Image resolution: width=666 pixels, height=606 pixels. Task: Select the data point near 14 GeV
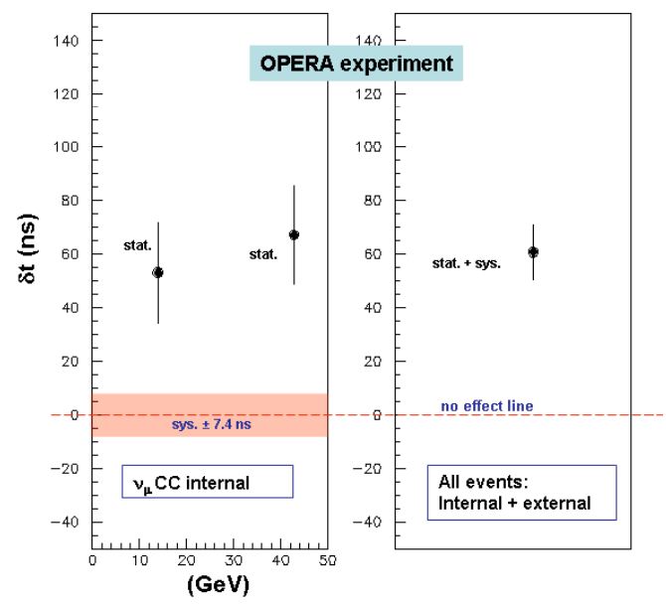(x=157, y=272)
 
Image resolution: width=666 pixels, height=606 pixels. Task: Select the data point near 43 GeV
(x=293, y=235)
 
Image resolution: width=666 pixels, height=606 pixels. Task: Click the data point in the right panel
(x=533, y=252)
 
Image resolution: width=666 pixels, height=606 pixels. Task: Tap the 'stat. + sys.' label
(x=466, y=264)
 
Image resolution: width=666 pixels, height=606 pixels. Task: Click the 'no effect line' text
(x=487, y=405)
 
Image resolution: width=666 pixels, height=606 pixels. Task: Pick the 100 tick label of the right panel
(x=366, y=147)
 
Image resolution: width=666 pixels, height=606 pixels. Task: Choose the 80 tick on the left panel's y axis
(x=70, y=201)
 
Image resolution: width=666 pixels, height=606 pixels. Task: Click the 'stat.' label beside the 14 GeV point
(x=137, y=244)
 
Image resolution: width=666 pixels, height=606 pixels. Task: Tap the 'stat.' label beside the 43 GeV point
(x=262, y=255)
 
